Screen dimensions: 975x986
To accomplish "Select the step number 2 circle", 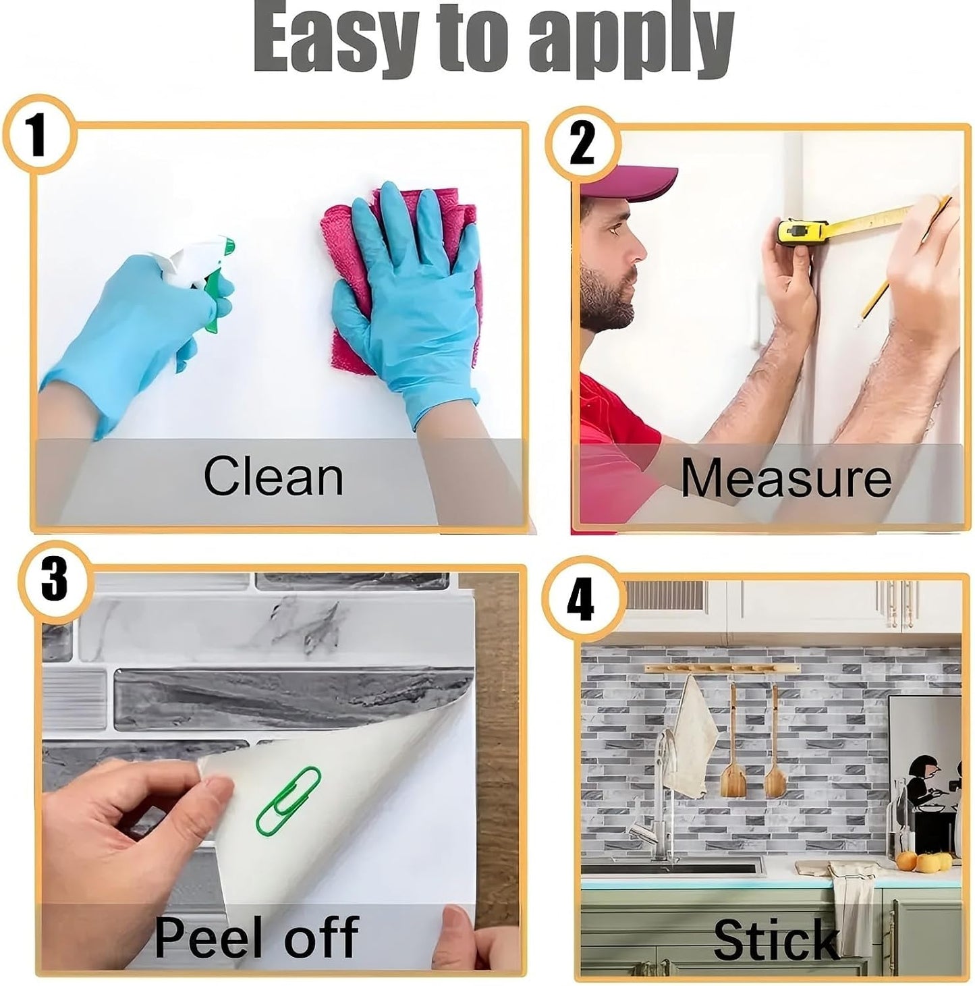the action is click(582, 144).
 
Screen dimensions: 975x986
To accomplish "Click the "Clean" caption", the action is click(273, 476).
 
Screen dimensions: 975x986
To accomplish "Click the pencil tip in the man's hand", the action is click(858, 325).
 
